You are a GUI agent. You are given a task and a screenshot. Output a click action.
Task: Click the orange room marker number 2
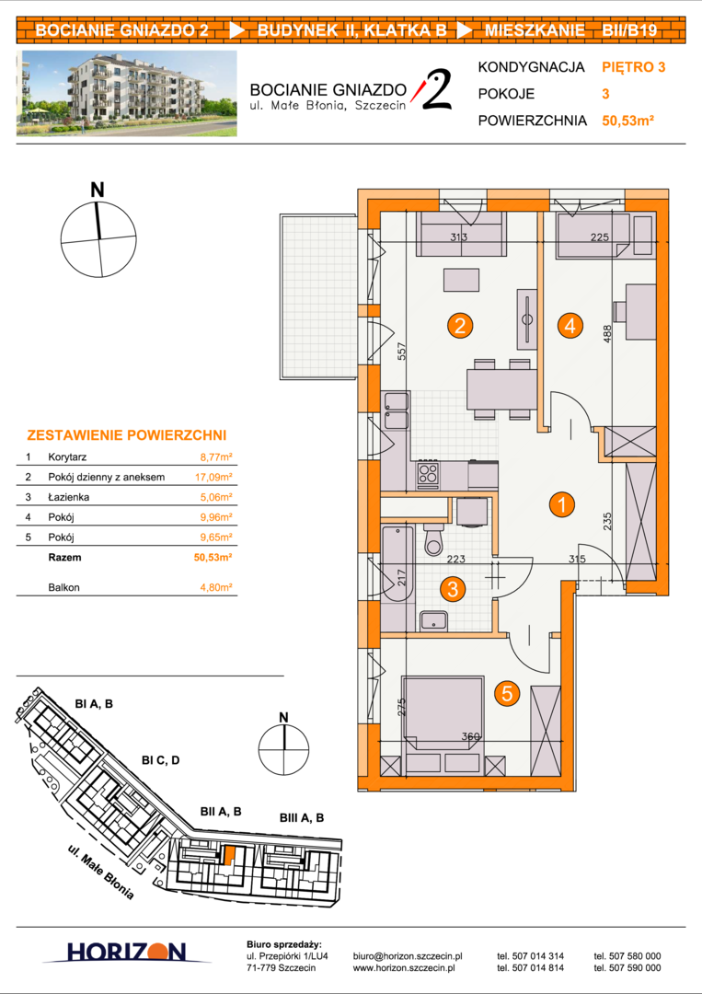click(460, 326)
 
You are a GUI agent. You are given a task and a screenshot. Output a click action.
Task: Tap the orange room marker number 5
click(507, 693)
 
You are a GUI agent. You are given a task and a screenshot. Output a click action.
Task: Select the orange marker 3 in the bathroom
click(453, 589)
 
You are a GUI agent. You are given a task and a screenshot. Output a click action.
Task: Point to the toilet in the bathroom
click(434, 538)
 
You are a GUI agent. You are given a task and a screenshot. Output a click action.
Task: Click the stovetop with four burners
click(428, 473)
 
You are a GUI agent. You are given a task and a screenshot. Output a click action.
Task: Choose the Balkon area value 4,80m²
click(216, 587)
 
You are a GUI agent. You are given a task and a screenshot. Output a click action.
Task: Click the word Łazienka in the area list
click(68, 497)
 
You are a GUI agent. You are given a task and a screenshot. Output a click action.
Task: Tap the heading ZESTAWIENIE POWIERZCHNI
click(127, 435)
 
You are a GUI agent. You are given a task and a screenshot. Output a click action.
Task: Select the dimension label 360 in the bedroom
click(471, 736)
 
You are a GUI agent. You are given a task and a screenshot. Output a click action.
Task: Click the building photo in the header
click(127, 93)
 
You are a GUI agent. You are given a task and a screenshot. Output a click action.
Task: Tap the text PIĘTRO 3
click(634, 67)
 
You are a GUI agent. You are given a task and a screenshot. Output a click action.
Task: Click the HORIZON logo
click(127, 952)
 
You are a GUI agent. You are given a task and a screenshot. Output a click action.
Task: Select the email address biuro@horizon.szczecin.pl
click(408, 956)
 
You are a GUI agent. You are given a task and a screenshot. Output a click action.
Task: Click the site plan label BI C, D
click(161, 760)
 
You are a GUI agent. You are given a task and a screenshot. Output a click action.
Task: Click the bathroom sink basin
click(433, 620)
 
